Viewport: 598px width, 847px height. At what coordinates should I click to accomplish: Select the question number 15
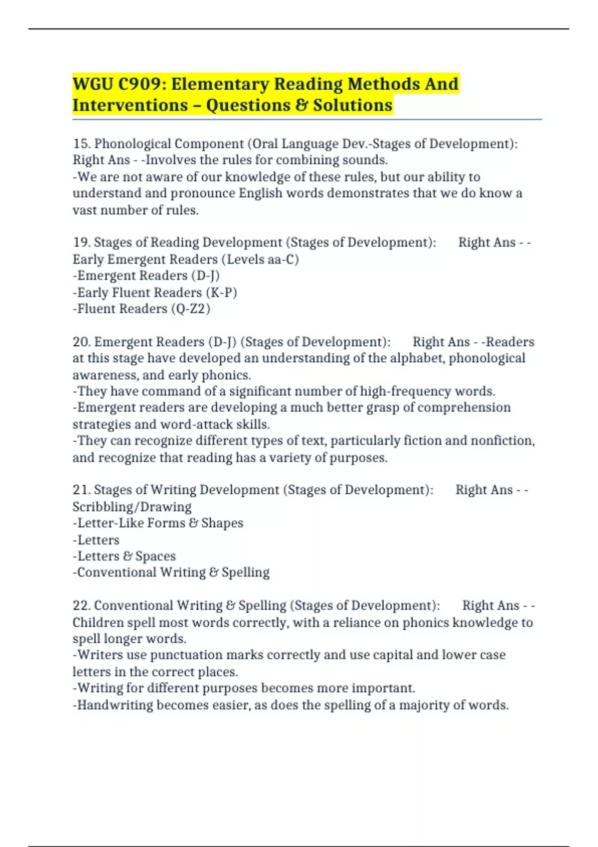(81, 144)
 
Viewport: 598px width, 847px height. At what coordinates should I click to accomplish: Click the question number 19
(81, 243)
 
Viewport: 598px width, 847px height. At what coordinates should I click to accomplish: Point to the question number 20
(81, 342)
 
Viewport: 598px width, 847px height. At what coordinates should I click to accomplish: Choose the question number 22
(81, 605)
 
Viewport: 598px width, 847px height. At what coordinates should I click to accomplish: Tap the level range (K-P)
(221, 292)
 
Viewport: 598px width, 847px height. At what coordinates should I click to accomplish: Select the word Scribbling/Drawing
(132, 507)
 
